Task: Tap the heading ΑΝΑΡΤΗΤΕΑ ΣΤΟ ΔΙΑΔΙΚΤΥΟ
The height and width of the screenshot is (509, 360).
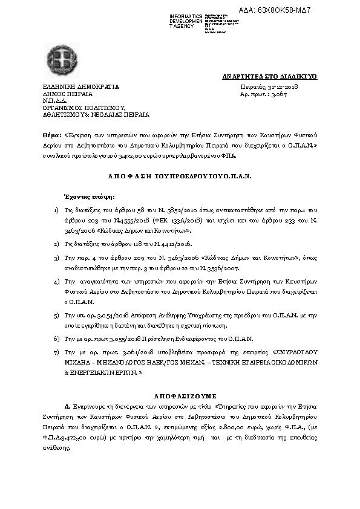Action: (270, 77)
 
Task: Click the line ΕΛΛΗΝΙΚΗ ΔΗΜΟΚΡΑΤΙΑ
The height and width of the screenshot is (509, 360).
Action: (81, 87)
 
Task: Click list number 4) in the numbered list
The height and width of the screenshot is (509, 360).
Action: (56, 282)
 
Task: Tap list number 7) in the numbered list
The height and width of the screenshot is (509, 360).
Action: (56, 351)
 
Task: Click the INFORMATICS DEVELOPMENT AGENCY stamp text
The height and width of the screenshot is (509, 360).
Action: (186, 21)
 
